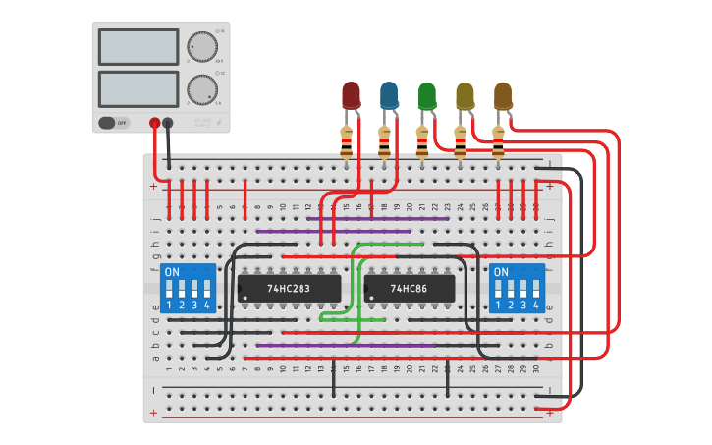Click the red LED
tap(351, 95)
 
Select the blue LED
tap(389, 95)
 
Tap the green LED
tap(426, 95)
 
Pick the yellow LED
tap(465, 95)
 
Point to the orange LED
tap(503, 95)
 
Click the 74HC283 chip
tap(289, 289)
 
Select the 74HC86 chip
tap(410, 289)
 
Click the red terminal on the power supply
tap(154, 123)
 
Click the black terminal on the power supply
tap(168, 123)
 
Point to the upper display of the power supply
tap(138, 46)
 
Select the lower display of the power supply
tap(138, 88)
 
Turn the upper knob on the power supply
tap(202, 47)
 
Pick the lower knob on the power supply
tap(202, 89)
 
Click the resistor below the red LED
tap(347, 143)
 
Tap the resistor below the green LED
tap(422, 143)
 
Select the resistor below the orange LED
tap(498, 143)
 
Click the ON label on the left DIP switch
tap(172, 271)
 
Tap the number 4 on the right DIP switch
tap(536, 306)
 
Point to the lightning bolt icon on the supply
tap(218, 124)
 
